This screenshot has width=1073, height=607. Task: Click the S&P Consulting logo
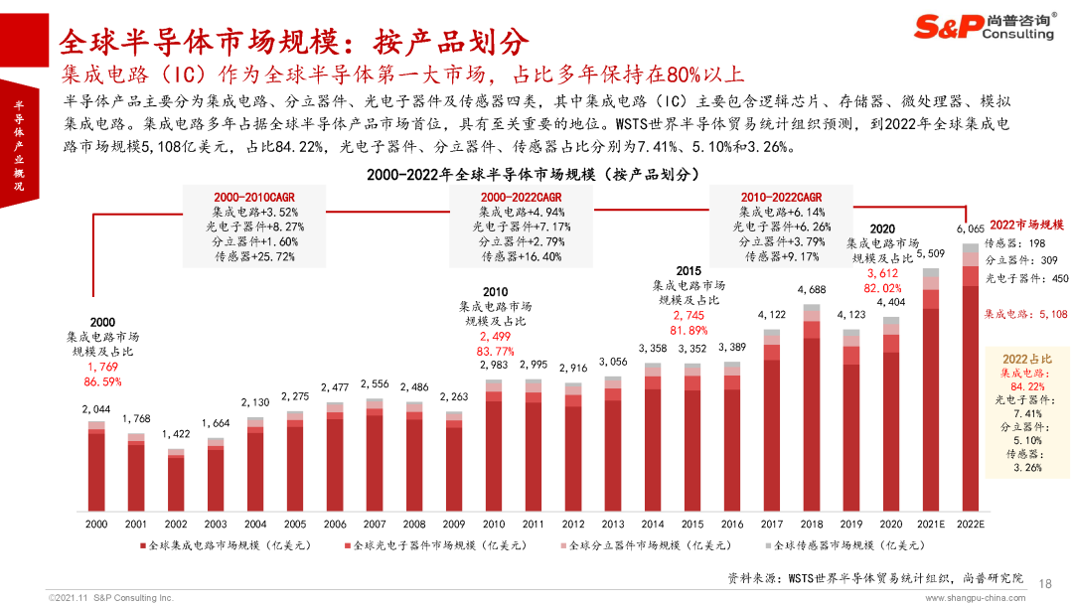pyautogui.click(x=985, y=27)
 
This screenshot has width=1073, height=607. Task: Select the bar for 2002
pyautogui.click(x=176, y=480)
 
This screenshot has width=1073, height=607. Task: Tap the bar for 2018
pyautogui.click(x=812, y=408)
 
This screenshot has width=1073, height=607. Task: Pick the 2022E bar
pyautogui.click(x=971, y=378)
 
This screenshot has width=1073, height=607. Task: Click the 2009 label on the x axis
pyautogui.click(x=454, y=525)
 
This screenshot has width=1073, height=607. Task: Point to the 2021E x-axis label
pyautogui.click(x=931, y=525)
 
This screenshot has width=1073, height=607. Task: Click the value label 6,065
pyautogui.click(x=971, y=228)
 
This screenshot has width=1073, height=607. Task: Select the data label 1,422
pyautogui.click(x=176, y=434)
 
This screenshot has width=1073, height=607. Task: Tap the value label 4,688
pyautogui.click(x=812, y=289)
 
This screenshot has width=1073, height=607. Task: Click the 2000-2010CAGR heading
pyautogui.click(x=254, y=197)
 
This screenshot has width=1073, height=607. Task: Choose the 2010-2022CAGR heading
pyautogui.click(x=781, y=197)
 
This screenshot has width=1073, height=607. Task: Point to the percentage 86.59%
pyautogui.click(x=102, y=381)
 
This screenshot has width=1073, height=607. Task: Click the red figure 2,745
pyautogui.click(x=689, y=316)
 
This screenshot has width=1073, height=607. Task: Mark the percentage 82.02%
pyautogui.click(x=883, y=288)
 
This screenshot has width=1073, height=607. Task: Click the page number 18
pyautogui.click(x=1045, y=584)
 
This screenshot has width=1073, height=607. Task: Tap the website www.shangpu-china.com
pyautogui.click(x=976, y=598)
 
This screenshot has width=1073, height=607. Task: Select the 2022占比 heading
pyautogui.click(x=1027, y=360)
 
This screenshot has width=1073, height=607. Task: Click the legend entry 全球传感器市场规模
pyautogui.click(x=845, y=545)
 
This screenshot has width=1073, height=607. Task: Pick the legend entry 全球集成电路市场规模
pyautogui.click(x=226, y=545)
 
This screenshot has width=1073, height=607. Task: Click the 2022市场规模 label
pyautogui.click(x=1026, y=225)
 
